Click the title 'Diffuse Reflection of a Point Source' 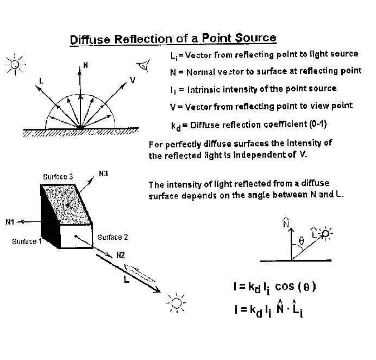tap(173, 39)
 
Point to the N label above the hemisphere tap(85, 65)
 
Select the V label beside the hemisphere tap(133, 80)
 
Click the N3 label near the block tap(103, 174)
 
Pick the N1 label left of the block tap(11, 222)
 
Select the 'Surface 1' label tap(27, 241)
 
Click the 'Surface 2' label tap(113, 237)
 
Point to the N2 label tap(121, 254)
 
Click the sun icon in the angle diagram tap(325, 234)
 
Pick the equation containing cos tap(274, 287)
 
